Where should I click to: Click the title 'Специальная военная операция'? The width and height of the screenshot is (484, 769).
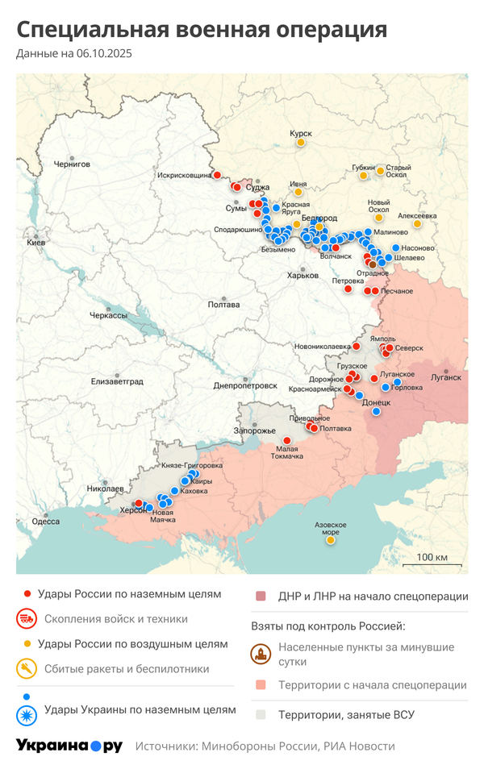tap(202, 30)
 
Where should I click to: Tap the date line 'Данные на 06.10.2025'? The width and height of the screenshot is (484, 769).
tap(73, 54)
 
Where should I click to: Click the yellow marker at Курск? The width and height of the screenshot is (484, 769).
tap(301, 143)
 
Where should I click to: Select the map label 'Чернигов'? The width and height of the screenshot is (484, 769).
tap(73, 163)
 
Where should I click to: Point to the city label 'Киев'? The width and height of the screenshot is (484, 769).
tap(36, 242)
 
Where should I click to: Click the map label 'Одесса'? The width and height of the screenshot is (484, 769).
tap(46, 521)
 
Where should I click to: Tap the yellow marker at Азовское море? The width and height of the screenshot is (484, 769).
tap(331, 540)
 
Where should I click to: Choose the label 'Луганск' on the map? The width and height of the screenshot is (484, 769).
tap(446, 376)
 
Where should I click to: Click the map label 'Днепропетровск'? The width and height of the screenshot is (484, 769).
tap(245, 386)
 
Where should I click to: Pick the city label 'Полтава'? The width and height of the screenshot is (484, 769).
tap(223, 305)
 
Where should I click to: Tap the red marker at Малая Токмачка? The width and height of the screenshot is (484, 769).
tap(287, 440)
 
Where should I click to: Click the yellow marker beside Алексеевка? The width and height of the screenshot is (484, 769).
tap(417, 224)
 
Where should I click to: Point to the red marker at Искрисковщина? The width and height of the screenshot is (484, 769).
tap(217, 174)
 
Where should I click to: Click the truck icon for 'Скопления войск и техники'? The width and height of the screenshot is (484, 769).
tap(27, 619)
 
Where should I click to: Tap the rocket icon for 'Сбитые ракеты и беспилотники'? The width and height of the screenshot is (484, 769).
tap(27, 668)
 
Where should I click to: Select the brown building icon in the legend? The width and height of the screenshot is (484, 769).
tap(261, 654)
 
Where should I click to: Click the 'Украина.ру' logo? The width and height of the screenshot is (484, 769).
tap(69, 746)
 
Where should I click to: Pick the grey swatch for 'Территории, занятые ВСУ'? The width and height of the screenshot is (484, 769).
tap(261, 714)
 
